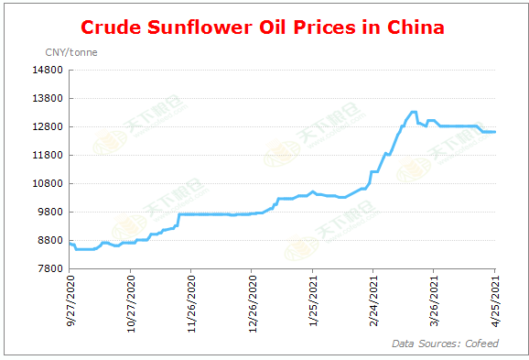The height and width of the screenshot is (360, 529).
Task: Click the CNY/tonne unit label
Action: tap(71, 52)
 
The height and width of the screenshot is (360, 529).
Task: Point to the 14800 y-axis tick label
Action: tap(49, 70)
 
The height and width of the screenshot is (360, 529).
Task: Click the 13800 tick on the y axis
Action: tap(49, 98)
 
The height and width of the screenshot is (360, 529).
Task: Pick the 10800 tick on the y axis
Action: tap(49, 183)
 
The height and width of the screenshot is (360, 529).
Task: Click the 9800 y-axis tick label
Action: tap(52, 212)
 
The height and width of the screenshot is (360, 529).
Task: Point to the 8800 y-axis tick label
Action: tap(52, 240)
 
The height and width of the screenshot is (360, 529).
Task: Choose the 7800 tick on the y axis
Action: tap(52, 268)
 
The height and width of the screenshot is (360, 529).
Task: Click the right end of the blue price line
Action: tap(495, 132)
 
